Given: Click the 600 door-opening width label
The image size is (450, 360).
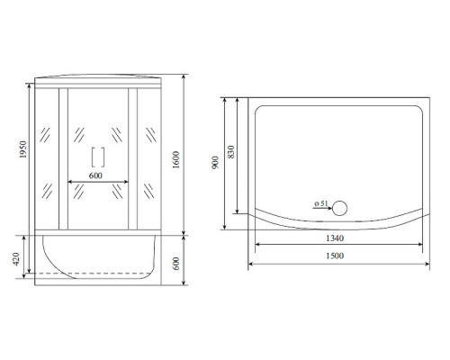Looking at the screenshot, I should pos(98,175).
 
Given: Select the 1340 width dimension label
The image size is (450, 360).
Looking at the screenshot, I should pos(337,237).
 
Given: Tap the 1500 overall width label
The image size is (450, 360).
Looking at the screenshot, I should pos(337,256).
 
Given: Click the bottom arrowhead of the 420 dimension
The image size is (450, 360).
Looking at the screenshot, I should pos(30,276).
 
